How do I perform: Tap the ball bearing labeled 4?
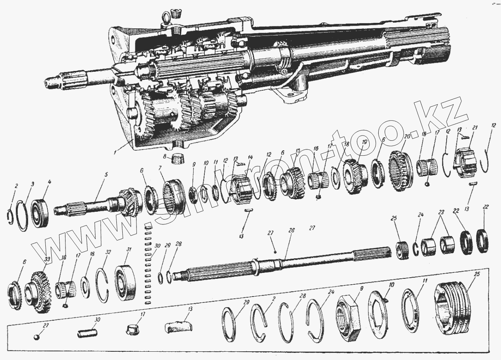point(40,214)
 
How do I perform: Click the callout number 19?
point(363,142)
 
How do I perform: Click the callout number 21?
point(475,127)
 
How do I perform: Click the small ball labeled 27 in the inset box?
point(36,338)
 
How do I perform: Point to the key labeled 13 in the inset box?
point(178,326)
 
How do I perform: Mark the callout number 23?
point(441,212)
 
